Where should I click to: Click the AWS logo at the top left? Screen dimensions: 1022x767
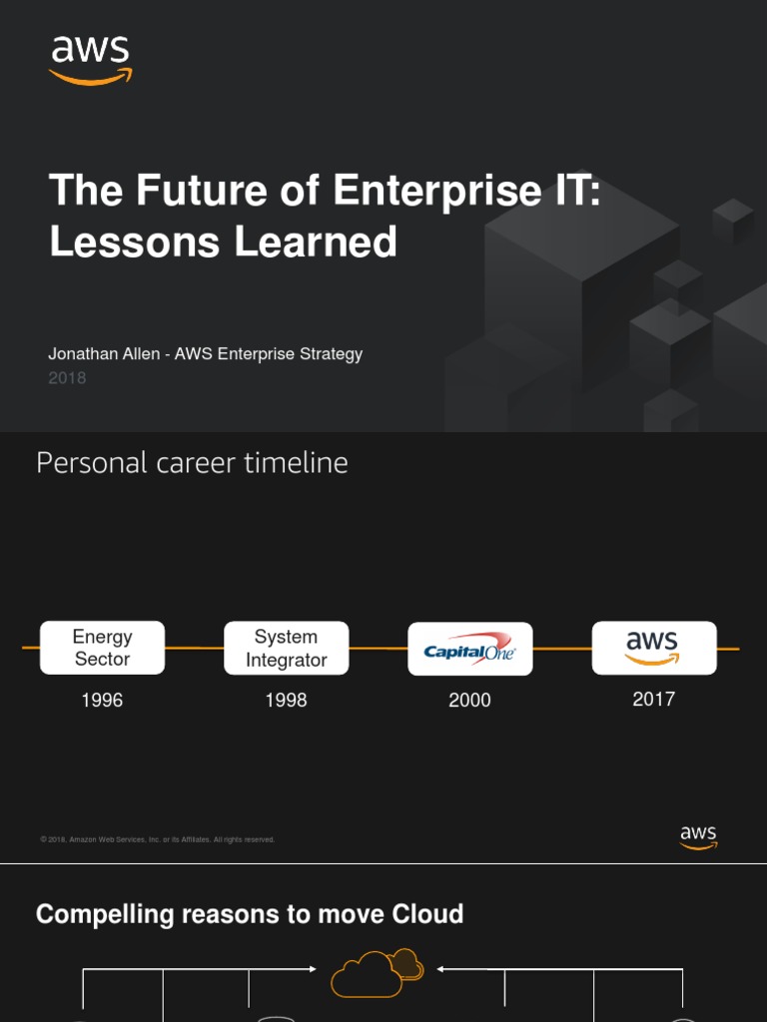90,59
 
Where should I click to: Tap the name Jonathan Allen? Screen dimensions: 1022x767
103,353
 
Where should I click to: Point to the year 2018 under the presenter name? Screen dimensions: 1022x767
67,378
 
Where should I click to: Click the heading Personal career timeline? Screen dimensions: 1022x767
192,463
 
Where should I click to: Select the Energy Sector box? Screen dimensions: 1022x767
102,648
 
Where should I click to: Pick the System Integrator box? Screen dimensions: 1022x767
286,648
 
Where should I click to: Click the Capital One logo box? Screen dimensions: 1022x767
469,648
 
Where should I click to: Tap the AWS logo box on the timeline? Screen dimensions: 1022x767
653,648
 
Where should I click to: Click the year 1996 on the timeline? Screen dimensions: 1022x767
102,700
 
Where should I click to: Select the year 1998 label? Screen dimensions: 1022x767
286,700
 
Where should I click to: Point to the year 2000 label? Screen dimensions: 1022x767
469,700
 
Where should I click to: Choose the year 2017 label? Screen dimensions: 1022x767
653,699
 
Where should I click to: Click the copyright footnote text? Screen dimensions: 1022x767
157,839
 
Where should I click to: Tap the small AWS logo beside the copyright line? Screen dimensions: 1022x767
698,836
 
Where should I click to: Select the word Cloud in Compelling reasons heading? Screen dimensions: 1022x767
427,914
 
